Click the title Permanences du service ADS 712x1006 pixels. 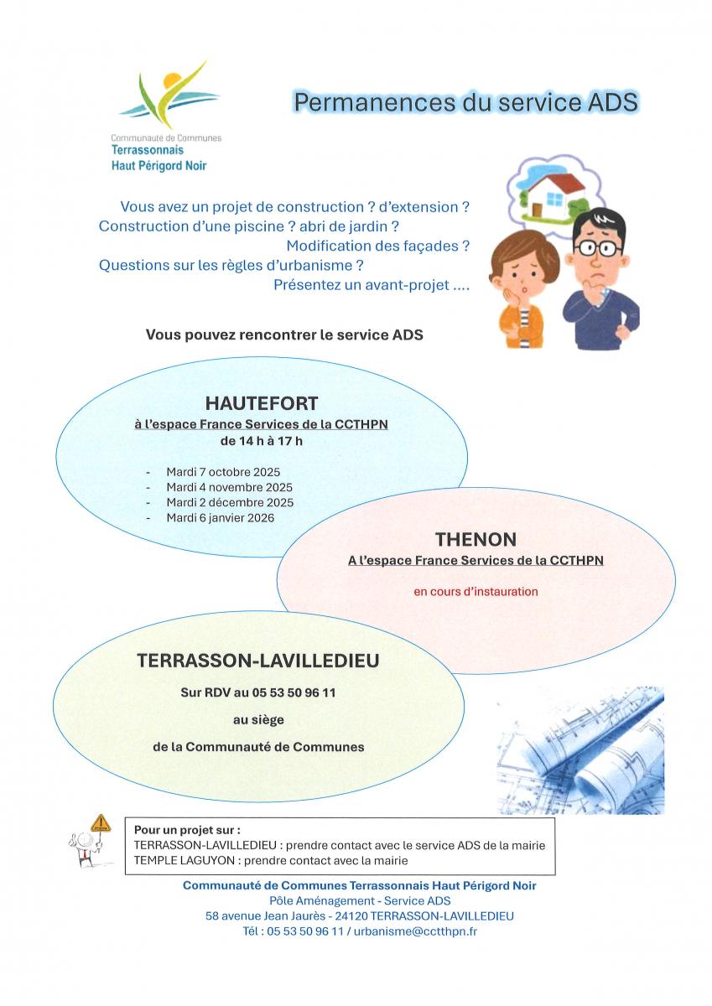(x=465, y=102)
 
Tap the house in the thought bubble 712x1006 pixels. (x=550, y=191)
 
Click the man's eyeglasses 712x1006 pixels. (x=598, y=247)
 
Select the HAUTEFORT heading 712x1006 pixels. (x=262, y=403)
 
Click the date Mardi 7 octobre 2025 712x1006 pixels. (x=223, y=471)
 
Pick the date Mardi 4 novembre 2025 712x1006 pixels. (x=229, y=487)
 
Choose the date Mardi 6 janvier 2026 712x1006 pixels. (x=220, y=518)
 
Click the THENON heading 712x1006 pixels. (x=476, y=539)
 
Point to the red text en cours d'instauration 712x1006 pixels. (x=476, y=591)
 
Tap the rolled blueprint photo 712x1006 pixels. (x=580, y=750)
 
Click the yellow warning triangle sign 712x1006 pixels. (x=101, y=822)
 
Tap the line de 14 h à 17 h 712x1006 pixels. (x=261, y=440)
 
